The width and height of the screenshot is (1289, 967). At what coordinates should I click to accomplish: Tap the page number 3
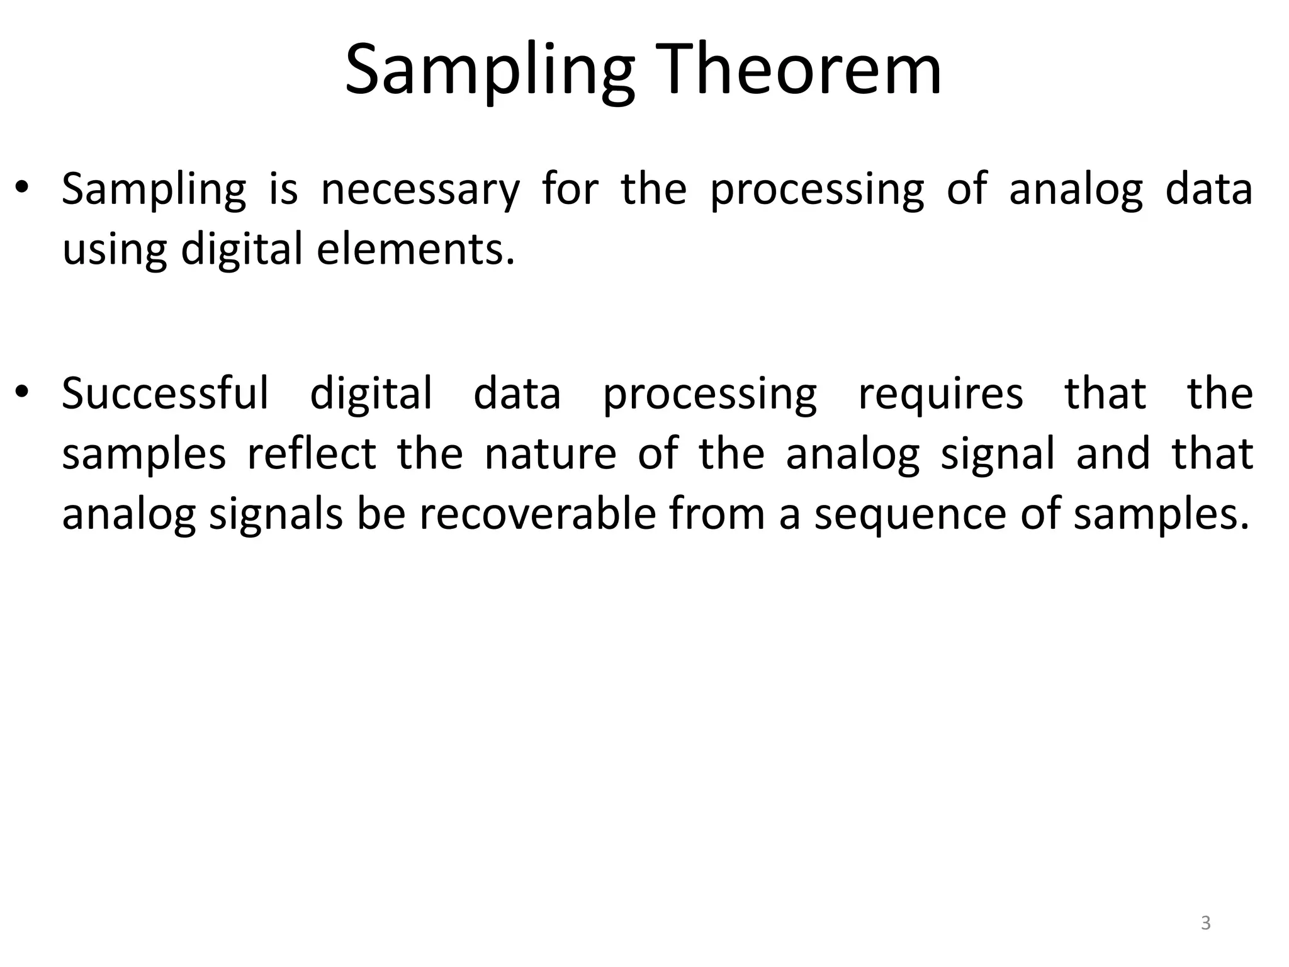tap(1205, 923)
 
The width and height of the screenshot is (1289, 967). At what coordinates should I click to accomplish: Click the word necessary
tap(420, 189)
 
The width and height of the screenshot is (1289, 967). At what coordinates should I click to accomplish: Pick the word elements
tap(415, 249)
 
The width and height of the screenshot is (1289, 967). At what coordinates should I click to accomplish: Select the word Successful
tap(165, 393)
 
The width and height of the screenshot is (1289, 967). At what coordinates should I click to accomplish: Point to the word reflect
tap(312, 453)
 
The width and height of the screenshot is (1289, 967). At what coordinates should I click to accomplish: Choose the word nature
tap(550, 455)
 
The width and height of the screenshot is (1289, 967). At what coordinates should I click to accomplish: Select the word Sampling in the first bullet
tap(154, 191)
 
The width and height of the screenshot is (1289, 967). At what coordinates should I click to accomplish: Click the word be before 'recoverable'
tap(381, 514)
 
